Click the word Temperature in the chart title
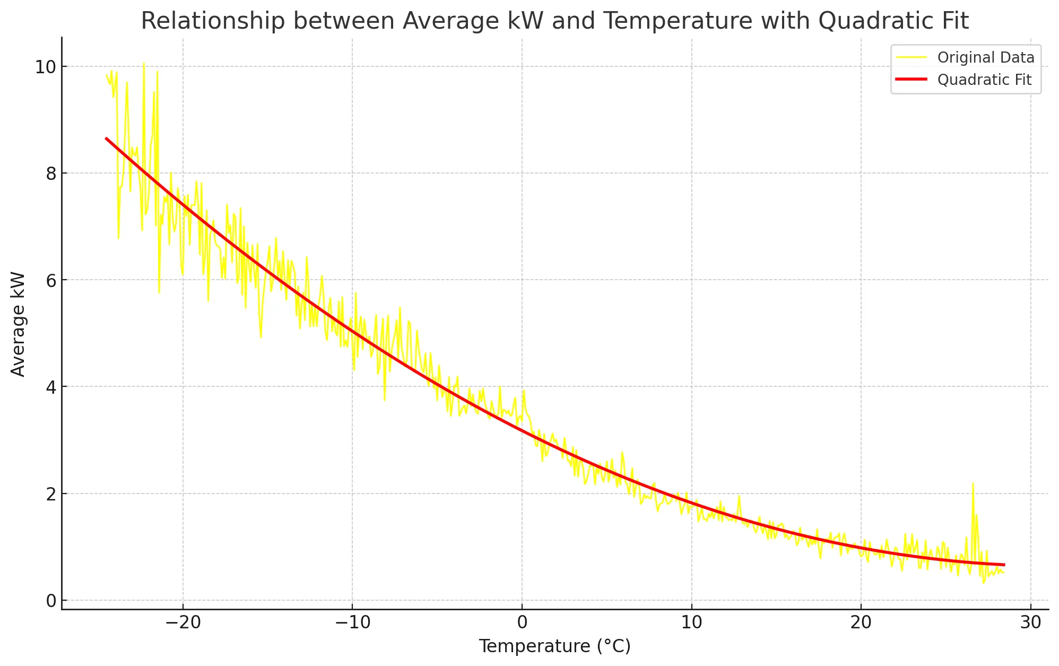point(678,21)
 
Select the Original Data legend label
point(985,58)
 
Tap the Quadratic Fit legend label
point(984,80)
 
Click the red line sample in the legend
point(911,80)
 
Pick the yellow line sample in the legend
point(911,57)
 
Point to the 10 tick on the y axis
point(45,67)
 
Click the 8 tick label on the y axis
point(51,174)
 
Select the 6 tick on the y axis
point(51,281)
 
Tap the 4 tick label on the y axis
point(51,387)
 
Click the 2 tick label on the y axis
point(51,494)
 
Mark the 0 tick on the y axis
point(51,601)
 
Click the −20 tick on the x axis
point(183,622)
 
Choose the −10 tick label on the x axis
point(352,622)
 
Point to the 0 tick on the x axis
point(522,622)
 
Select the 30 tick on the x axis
point(1031,622)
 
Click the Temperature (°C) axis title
point(554,646)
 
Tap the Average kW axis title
point(18,324)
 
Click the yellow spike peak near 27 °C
point(973,483)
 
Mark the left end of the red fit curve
point(106,138)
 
